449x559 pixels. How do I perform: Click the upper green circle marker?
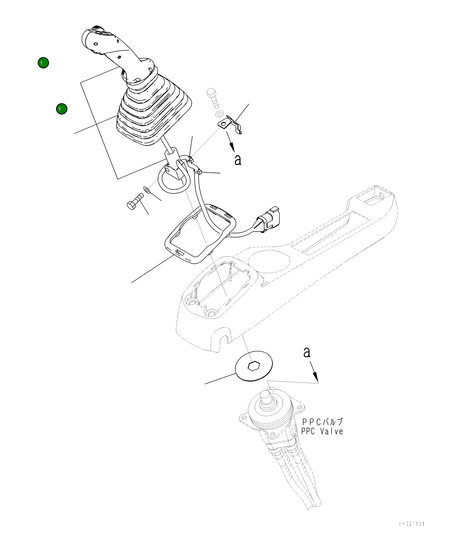click(43, 63)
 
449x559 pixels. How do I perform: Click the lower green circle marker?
click(62, 109)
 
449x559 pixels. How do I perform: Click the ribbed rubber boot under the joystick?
click(153, 114)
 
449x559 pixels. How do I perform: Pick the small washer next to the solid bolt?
click(147, 190)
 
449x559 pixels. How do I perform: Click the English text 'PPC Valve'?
click(322, 432)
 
